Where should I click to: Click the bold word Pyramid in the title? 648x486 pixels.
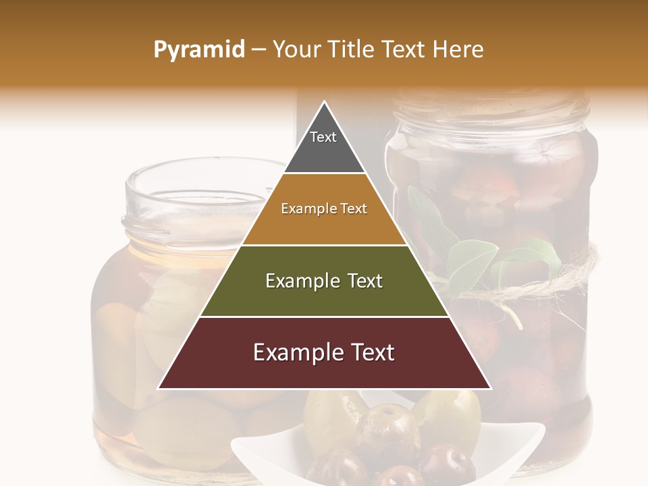[x=199, y=50]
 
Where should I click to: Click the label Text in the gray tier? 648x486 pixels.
[x=323, y=137]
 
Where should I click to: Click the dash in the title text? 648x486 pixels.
[x=259, y=50]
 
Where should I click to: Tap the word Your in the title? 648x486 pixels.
[x=297, y=49]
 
